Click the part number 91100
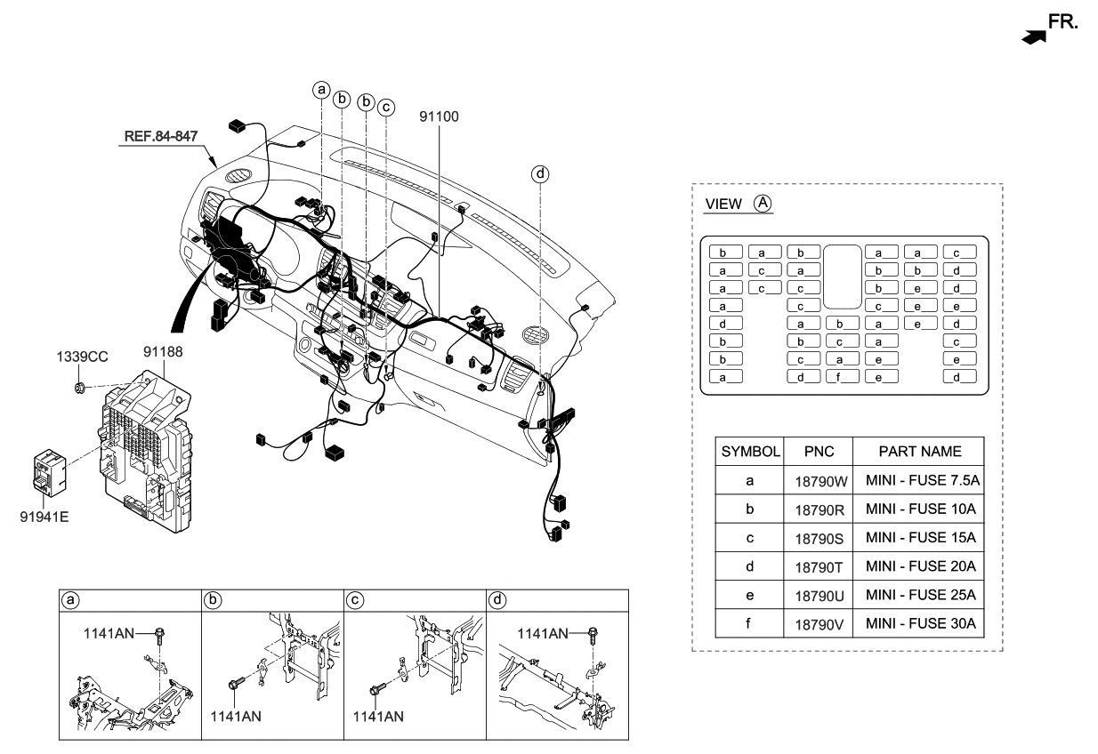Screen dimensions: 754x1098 (x=439, y=116)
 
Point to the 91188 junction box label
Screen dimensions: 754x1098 (x=163, y=352)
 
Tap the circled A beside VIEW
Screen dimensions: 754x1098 (x=762, y=203)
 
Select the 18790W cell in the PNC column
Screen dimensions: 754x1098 (x=818, y=481)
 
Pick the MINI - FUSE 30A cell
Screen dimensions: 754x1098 (x=920, y=622)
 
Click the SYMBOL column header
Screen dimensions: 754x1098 (x=750, y=451)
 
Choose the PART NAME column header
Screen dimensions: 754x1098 (x=920, y=451)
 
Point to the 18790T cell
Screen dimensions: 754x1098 (x=818, y=566)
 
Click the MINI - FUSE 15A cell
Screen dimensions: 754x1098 (x=920, y=538)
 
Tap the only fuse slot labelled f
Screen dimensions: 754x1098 (x=842, y=376)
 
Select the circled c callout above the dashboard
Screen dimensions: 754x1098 (x=385, y=107)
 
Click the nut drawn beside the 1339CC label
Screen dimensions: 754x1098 (x=81, y=387)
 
